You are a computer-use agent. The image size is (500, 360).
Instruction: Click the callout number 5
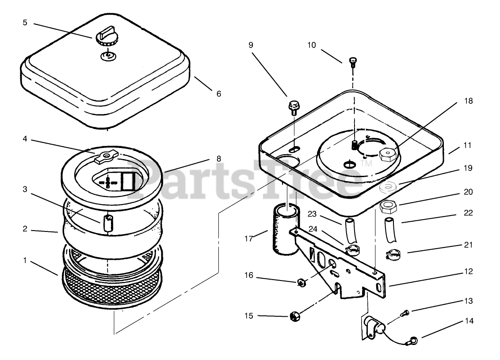[x=25, y=22]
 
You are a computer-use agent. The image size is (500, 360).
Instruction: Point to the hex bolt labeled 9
[x=293, y=106]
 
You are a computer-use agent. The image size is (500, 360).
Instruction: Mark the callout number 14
[x=469, y=321]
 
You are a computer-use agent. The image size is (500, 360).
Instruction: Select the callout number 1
[x=25, y=261]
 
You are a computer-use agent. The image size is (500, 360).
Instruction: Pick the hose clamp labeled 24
[x=352, y=250]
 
